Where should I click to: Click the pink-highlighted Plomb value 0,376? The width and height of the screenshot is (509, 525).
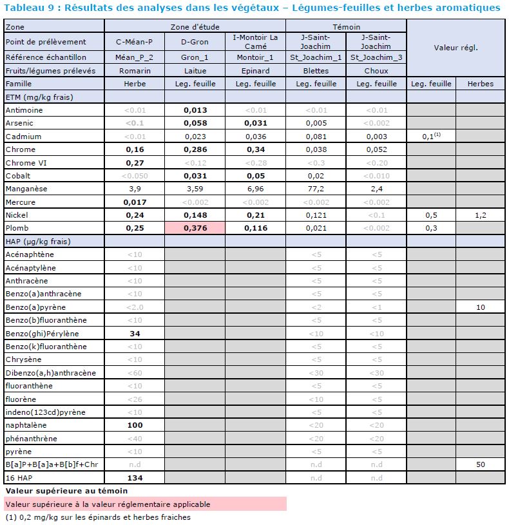(195, 228)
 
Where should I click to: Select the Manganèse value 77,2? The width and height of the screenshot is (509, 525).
(315, 189)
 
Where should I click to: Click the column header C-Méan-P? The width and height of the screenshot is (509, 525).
(134, 42)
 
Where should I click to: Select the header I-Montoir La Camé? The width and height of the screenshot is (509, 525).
(255, 42)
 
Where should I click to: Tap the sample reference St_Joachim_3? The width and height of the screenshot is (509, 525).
(376, 57)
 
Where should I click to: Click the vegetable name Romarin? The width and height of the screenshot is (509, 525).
(134, 70)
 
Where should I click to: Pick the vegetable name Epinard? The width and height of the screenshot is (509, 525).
(255, 70)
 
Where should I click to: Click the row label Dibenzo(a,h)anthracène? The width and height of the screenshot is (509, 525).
(50, 373)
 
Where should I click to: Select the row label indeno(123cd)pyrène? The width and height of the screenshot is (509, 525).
(45, 412)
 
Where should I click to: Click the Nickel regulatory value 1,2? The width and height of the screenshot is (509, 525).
(480, 215)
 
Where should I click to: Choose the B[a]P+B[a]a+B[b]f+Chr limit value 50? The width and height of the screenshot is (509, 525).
(480, 464)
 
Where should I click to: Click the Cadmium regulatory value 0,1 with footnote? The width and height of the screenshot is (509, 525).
(431, 137)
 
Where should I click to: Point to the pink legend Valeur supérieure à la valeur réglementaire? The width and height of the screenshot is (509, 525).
(108, 504)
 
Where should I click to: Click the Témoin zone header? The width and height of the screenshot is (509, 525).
(346, 28)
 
